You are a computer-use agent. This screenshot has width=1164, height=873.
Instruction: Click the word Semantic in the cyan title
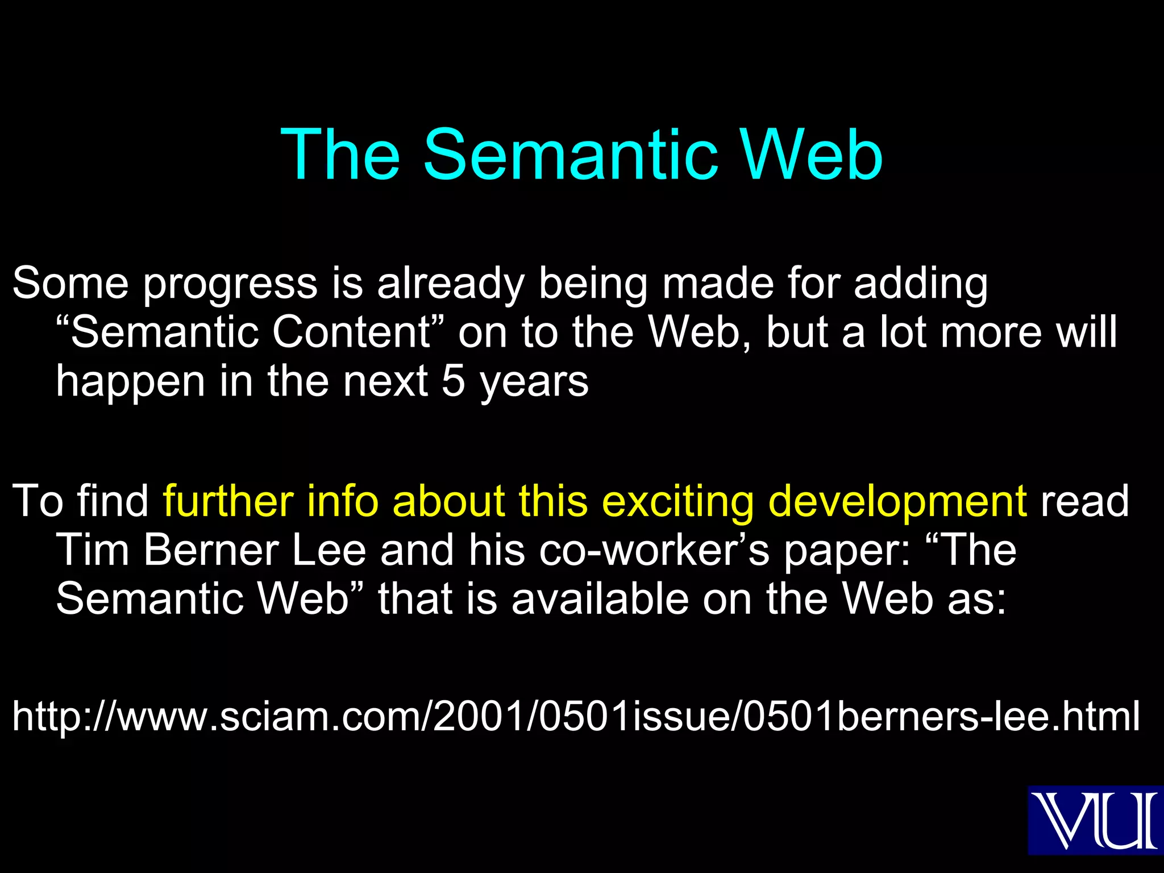click(571, 155)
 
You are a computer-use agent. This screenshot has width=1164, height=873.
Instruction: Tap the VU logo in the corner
click(1095, 820)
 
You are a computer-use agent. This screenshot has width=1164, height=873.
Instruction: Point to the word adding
click(921, 284)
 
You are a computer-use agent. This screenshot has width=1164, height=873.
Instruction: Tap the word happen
click(131, 382)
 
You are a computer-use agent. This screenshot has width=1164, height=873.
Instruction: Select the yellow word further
click(228, 501)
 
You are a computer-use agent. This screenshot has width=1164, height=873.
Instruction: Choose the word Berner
click(211, 550)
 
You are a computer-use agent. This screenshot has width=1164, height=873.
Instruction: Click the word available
click(600, 599)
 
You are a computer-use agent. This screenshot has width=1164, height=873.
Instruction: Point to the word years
click(534, 382)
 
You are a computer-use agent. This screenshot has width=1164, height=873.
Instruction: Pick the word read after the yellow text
click(1084, 501)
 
